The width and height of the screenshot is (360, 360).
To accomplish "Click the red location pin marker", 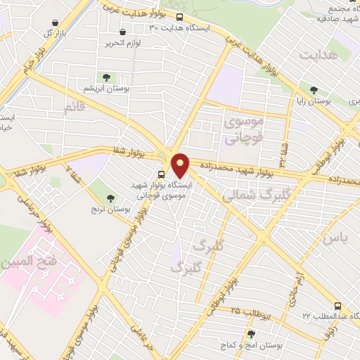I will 181,165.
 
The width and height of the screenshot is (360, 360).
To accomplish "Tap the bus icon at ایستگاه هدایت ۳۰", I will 180,17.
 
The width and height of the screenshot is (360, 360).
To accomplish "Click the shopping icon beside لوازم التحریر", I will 123,32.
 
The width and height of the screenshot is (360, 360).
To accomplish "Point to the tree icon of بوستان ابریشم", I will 107,77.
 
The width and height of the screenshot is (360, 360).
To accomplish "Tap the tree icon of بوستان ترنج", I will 110,184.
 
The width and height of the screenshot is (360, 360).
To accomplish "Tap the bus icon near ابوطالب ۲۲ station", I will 338,307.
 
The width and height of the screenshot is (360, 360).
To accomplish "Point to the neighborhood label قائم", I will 74,108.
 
